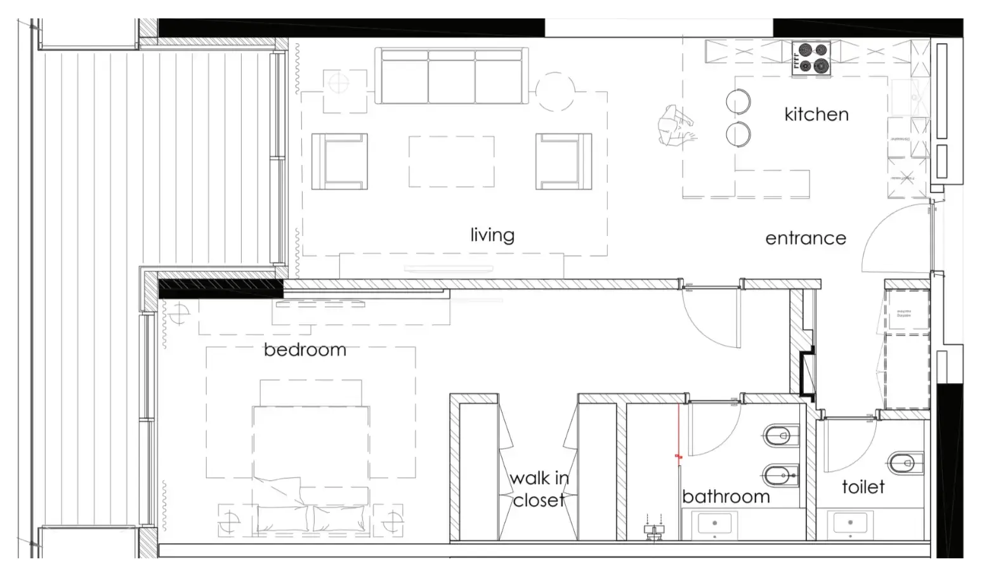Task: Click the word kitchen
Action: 816,114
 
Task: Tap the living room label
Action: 492,235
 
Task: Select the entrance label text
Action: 805,239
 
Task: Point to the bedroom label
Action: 305,350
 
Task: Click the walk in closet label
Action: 539,489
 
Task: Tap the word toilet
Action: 863,487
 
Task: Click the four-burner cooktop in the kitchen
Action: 811,58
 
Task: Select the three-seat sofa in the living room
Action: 452,76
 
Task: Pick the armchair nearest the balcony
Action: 339,161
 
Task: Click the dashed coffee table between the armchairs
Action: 451,161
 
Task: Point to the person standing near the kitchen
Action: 675,126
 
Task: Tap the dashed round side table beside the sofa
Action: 555,92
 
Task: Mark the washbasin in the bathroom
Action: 714,524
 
